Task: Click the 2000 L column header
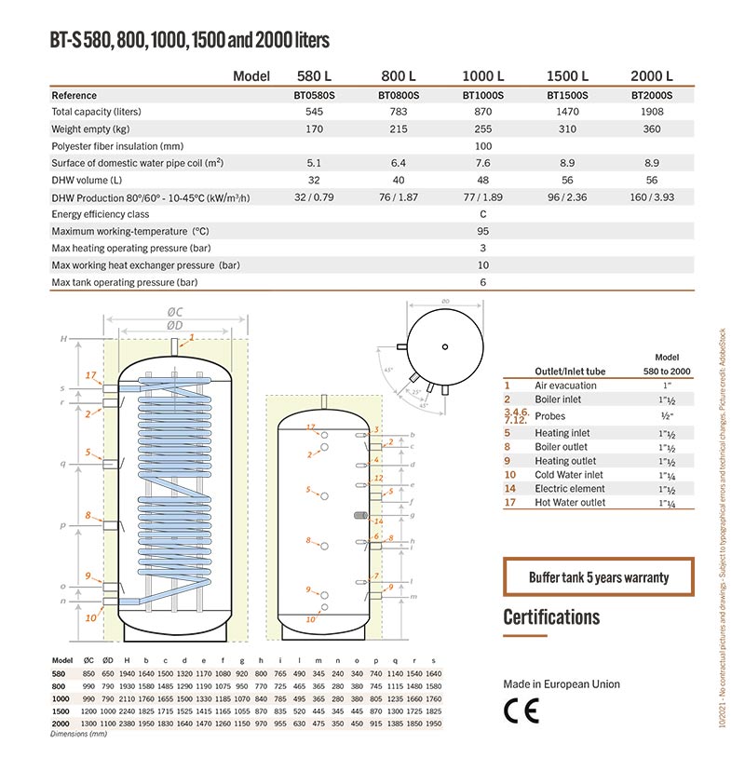pyautogui.click(x=651, y=76)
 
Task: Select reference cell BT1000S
pyautogui.click(x=482, y=95)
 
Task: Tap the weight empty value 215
pyautogui.click(x=399, y=129)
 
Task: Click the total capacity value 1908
pyautogui.click(x=651, y=112)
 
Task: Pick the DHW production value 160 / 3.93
pyautogui.click(x=651, y=196)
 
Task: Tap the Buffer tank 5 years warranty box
pyautogui.click(x=599, y=577)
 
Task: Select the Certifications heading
pyautogui.click(x=551, y=616)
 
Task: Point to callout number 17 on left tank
pyautogui.click(x=90, y=374)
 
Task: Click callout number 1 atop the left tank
pyautogui.click(x=192, y=336)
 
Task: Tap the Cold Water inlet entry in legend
pyautogui.click(x=568, y=475)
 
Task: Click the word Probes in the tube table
pyautogui.click(x=549, y=415)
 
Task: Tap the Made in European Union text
pyautogui.click(x=561, y=684)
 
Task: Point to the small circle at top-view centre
pyautogui.click(x=445, y=347)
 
